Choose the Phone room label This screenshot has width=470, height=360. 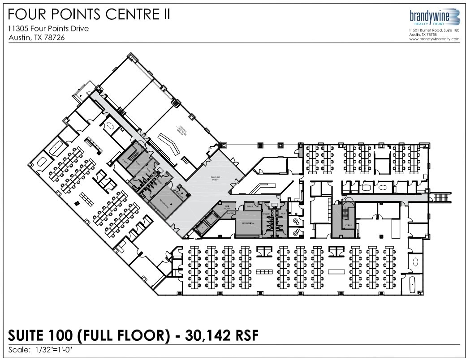230,214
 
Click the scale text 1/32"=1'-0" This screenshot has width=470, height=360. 55,349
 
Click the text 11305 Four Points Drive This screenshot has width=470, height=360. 48,29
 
